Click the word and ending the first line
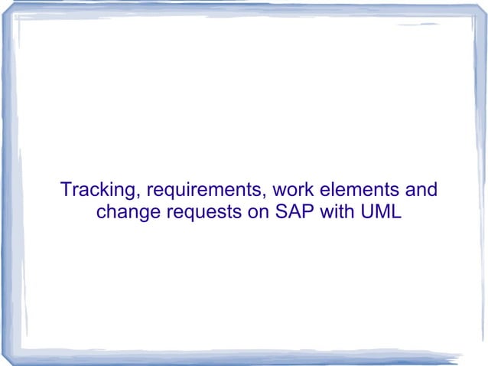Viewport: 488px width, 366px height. coord(420,188)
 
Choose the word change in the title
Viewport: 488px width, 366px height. coord(127,211)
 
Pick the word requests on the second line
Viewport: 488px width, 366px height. coord(203,211)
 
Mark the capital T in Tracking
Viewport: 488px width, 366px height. coord(65,188)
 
